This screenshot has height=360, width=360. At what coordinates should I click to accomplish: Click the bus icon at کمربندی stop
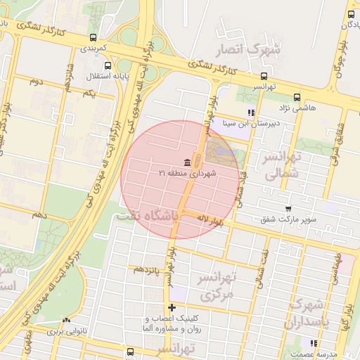pos(94,38)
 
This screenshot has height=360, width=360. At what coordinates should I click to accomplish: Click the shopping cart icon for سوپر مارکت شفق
pos(288,208)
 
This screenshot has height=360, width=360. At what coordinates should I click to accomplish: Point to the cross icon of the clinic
pos(172,307)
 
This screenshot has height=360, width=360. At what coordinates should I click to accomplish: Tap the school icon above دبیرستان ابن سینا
pos(250,112)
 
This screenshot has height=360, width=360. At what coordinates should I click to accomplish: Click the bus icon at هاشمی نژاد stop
pos(296,97)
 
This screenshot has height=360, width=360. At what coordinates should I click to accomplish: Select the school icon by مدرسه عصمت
pos(313,343)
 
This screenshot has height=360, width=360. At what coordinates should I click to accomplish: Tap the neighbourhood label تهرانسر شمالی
pos(281,165)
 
